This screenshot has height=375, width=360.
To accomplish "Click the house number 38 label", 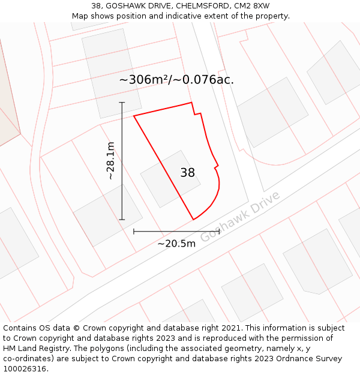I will (x=188, y=173).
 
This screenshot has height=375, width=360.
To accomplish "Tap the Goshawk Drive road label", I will (x=240, y=217).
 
